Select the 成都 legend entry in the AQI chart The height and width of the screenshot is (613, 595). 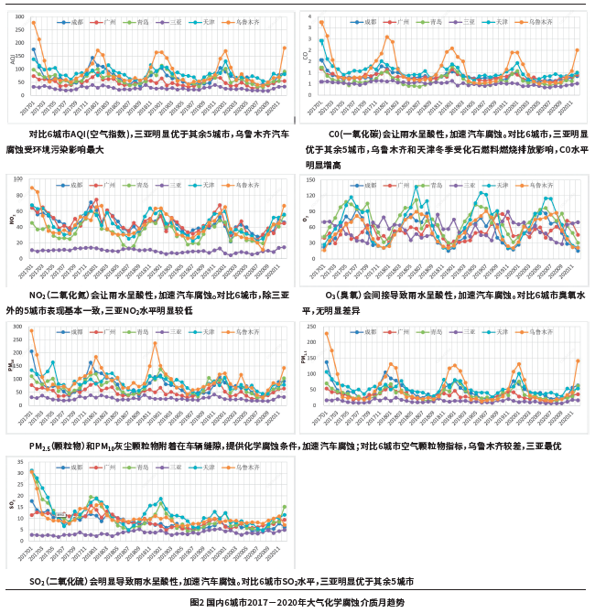[69, 21]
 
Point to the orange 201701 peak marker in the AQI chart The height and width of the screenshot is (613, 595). [33, 23]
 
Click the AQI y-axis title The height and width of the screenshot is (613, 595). [12, 59]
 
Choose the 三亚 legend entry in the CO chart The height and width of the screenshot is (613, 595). [470, 20]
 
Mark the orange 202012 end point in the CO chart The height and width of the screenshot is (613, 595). [577, 50]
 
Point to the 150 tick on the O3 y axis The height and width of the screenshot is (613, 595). [313, 181]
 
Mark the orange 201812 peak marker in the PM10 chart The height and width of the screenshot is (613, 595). [156, 344]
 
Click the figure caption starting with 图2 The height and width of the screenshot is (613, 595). [297, 603]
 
